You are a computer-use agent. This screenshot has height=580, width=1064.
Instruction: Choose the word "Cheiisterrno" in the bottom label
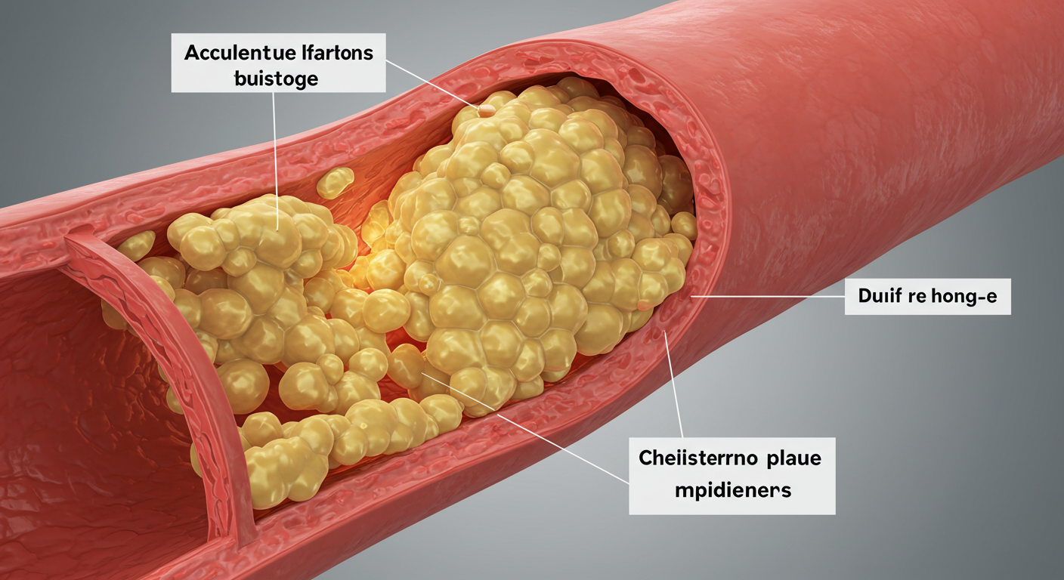coord(694,458)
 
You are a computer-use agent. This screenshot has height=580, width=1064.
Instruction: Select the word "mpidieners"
coord(731,490)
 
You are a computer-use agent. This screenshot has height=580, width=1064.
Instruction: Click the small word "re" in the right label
coord(919,296)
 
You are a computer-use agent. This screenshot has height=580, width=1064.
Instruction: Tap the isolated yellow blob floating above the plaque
coord(335,182)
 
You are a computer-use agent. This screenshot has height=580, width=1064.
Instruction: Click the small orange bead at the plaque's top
coord(486,110)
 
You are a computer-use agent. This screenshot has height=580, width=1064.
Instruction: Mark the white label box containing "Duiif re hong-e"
coord(927,296)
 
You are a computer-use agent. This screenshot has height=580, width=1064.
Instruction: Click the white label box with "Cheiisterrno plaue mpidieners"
coord(731,475)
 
